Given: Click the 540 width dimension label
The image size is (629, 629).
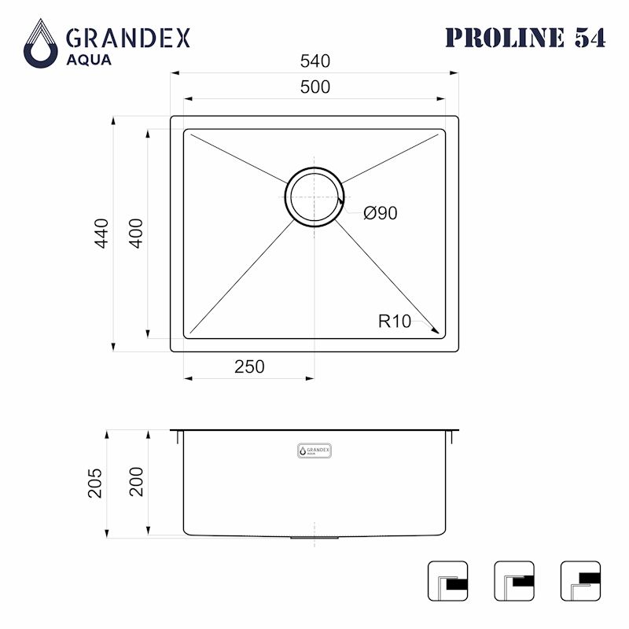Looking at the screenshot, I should coord(314,61).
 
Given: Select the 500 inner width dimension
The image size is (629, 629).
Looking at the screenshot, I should coord(314,87).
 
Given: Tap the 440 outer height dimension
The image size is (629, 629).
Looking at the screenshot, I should coord(101,234).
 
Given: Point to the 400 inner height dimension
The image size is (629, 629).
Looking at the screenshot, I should coord(135,234).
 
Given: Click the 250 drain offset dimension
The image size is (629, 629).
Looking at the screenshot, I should coord(248,366).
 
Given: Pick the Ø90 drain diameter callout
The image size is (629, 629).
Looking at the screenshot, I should coord(380,213).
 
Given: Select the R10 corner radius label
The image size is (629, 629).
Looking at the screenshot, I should coord(394,321).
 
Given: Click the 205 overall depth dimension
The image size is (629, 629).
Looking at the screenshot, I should coord(95,484).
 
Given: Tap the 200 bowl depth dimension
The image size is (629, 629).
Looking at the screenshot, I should coord(136,481).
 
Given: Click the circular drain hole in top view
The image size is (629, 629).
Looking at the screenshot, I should coord(314,197).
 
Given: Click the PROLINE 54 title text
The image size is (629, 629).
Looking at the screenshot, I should coord(525,37).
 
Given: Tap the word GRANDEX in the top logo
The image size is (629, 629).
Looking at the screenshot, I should coord(128,37).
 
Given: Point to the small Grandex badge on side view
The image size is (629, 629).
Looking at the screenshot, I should coord(314,451).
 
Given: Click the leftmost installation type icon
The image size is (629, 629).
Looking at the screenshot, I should coord(447,581).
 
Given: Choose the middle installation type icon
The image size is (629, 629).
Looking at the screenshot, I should coord(514,581).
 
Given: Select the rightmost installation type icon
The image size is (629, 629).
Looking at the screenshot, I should coord(580,581).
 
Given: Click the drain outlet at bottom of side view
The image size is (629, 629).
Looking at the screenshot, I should coord(314,538).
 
